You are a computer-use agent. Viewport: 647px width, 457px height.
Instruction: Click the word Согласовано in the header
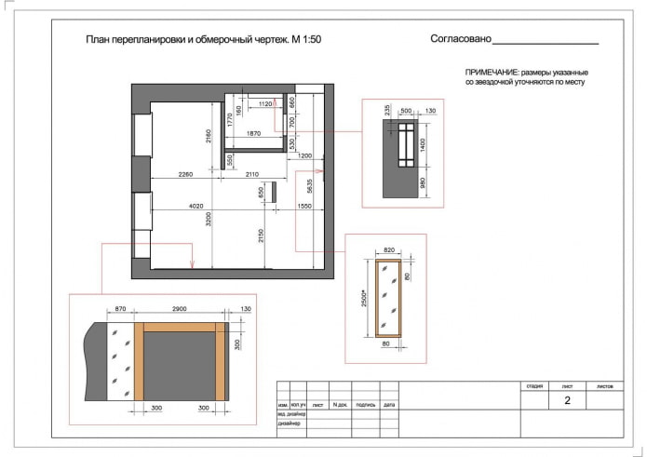(x=460, y=40)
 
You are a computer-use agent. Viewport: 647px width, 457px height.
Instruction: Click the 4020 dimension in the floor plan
(x=196, y=206)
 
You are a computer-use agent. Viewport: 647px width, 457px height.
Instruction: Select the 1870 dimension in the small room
(x=254, y=134)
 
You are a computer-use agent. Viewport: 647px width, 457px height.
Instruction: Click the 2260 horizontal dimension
(x=186, y=173)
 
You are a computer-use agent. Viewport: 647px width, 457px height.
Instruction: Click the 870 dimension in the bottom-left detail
(x=120, y=308)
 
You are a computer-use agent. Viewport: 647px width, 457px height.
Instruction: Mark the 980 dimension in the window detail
(x=422, y=182)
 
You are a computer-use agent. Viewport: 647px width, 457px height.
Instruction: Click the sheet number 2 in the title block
(x=567, y=401)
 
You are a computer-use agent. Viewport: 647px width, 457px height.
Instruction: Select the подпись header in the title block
(x=365, y=405)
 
